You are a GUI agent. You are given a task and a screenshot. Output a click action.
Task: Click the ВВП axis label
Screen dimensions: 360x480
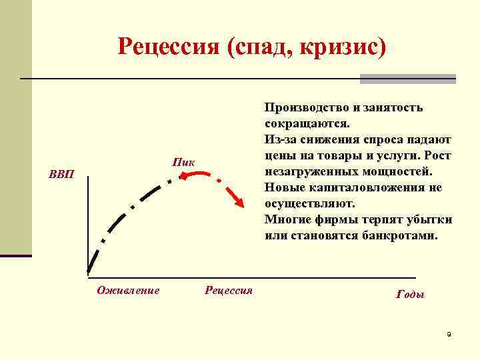62,175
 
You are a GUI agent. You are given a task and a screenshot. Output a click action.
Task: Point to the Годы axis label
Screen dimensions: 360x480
410,295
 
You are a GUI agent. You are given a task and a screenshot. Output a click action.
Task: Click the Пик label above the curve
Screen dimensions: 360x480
183,162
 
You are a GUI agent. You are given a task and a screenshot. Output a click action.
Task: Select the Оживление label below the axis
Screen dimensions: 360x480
128,290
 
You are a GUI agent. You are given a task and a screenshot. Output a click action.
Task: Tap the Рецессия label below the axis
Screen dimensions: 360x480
229,290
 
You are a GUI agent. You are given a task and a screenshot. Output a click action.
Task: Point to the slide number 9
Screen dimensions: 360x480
449,334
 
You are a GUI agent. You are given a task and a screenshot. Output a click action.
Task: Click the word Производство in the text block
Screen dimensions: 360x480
306,108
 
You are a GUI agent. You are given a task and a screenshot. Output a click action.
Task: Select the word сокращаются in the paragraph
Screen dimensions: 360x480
307,124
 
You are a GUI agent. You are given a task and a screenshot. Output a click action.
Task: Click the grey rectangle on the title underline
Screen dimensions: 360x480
407,79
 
